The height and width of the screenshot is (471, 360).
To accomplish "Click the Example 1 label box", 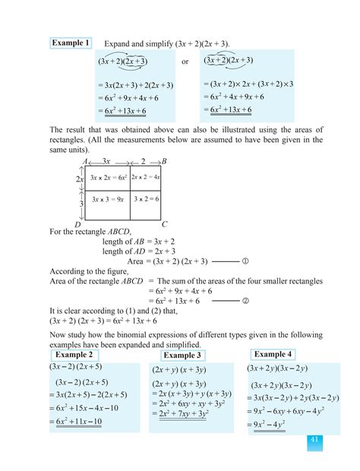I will (71, 43).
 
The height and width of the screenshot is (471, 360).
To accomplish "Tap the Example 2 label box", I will (74, 355).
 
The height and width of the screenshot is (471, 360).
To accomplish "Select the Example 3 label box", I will (182, 356).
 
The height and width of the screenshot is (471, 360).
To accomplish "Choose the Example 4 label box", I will (273, 354).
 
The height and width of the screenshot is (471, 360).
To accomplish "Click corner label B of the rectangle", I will (164, 162).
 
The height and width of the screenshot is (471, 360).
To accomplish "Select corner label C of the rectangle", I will (165, 225).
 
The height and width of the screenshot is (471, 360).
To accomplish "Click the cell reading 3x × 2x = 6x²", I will (108, 177).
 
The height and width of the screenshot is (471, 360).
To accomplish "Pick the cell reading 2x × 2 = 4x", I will (145, 177).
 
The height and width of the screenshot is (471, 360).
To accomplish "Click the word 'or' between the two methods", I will (185, 61).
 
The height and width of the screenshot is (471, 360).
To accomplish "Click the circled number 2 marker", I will (245, 301).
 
